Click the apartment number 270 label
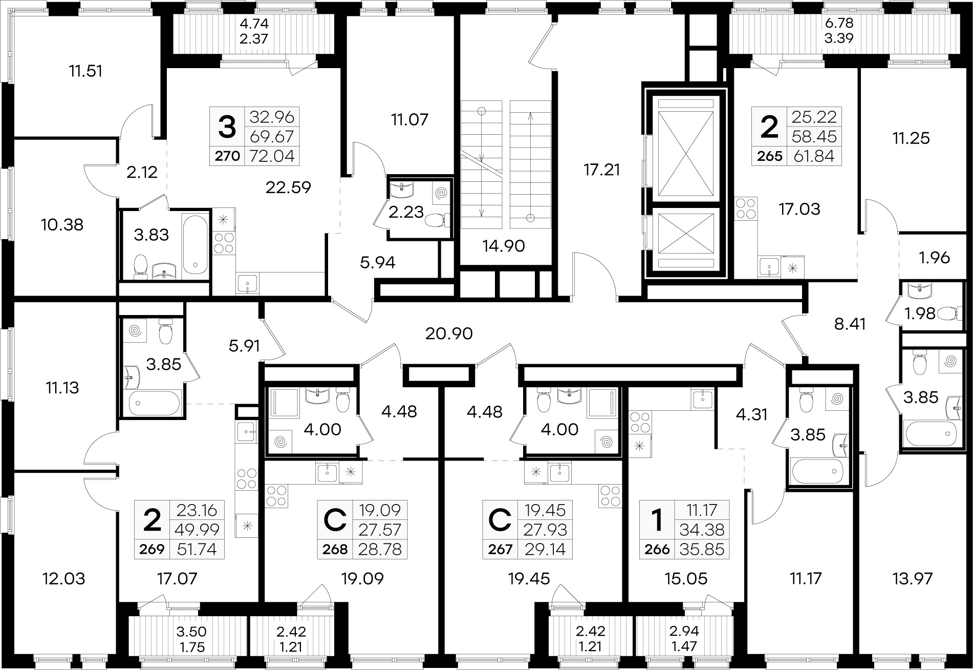(227, 156)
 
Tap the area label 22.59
(288, 187)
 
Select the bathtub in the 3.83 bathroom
(196, 244)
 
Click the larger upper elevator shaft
(685, 147)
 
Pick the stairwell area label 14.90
(504, 246)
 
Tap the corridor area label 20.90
(449, 334)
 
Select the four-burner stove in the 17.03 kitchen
(745, 209)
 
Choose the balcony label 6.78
(838, 24)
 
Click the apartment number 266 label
(657, 550)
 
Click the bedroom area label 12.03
(63, 579)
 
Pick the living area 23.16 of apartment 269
(197, 510)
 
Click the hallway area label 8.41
(850, 324)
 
